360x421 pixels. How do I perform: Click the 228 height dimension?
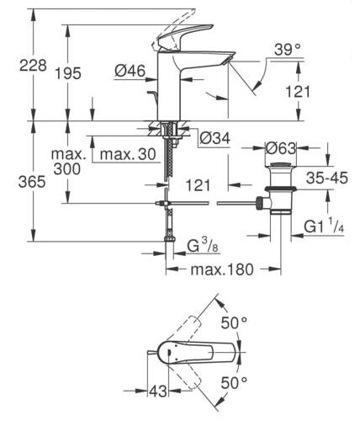(x=33, y=66)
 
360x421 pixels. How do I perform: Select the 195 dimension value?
(x=68, y=73)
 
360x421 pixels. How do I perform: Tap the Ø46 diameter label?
(x=130, y=71)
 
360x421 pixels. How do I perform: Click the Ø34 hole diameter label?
(x=215, y=138)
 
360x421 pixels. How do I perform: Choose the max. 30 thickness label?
(x=128, y=154)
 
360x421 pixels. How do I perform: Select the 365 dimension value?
(x=32, y=182)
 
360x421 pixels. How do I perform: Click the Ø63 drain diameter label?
(x=281, y=148)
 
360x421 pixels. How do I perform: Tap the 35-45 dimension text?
(x=327, y=178)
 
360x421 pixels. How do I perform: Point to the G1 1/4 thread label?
(x=324, y=226)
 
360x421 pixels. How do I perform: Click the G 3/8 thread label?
(x=203, y=246)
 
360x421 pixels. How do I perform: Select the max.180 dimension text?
(x=222, y=269)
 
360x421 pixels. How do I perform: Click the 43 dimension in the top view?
(x=158, y=391)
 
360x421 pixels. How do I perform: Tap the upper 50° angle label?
(x=234, y=322)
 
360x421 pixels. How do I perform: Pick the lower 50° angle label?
(x=234, y=382)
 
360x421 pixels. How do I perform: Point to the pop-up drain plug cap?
(x=280, y=164)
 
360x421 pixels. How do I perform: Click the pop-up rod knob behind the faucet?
(x=151, y=93)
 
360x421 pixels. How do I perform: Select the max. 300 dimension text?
(x=68, y=162)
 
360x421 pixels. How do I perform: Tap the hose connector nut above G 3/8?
(x=170, y=239)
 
